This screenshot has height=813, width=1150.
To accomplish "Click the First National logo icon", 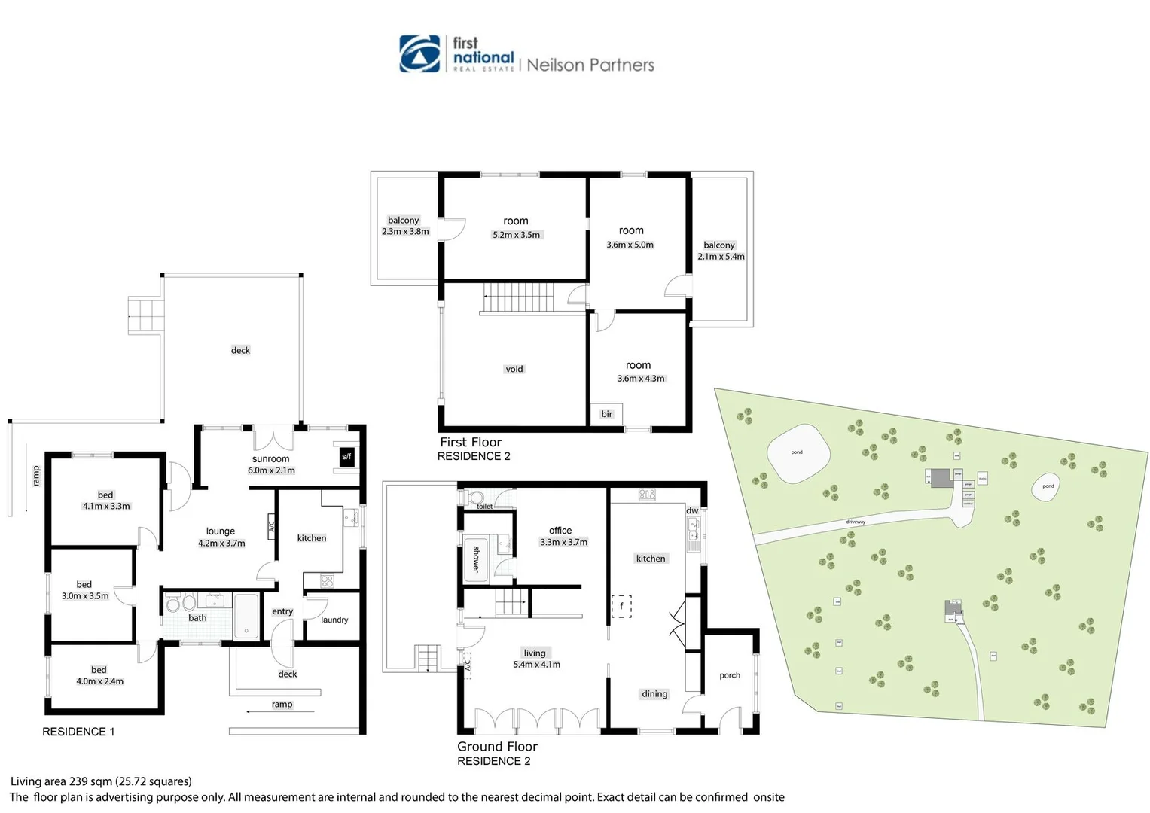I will pyautogui.click(x=419, y=53).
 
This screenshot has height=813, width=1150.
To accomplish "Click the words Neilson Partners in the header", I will pyautogui.click(x=590, y=65).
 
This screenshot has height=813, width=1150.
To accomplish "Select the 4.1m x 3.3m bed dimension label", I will pyautogui.click(x=106, y=507).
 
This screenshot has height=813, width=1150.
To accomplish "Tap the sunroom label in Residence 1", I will pyautogui.click(x=270, y=459).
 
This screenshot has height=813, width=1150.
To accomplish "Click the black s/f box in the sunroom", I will pyautogui.click(x=346, y=457).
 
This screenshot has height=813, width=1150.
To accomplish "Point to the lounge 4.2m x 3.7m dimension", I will pyautogui.click(x=221, y=544).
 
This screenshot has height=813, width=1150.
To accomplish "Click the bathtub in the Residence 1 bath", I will pyautogui.click(x=246, y=616).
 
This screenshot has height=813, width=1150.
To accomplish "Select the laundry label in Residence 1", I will pyautogui.click(x=334, y=620).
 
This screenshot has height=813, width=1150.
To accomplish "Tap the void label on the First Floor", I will pyautogui.click(x=514, y=369).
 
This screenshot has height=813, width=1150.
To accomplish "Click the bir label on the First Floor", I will pyautogui.click(x=607, y=414).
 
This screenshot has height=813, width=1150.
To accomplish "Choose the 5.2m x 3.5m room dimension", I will pyautogui.click(x=517, y=235).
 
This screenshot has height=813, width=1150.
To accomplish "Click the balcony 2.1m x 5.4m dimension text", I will pyautogui.click(x=721, y=257).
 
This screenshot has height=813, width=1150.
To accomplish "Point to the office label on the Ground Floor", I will pyautogui.click(x=560, y=531).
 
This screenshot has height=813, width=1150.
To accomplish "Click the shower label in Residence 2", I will pyautogui.click(x=476, y=559).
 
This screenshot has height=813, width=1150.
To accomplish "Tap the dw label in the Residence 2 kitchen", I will pyautogui.click(x=692, y=510).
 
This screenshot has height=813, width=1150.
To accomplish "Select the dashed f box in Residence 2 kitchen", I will pyautogui.click(x=621, y=606).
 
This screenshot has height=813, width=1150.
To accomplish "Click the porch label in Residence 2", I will pyautogui.click(x=730, y=676).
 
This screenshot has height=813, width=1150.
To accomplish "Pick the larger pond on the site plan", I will pyautogui.click(x=798, y=454).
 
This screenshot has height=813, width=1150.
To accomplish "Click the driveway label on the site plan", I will pyautogui.click(x=856, y=522).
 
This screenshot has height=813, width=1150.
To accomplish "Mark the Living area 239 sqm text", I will pyautogui.click(x=101, y=781).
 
